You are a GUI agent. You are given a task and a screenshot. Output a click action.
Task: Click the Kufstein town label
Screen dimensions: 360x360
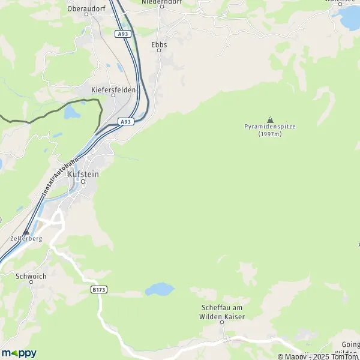83,173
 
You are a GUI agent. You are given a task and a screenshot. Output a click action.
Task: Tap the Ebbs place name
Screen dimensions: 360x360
159,44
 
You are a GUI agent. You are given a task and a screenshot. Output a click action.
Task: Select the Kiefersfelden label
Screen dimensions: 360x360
113,89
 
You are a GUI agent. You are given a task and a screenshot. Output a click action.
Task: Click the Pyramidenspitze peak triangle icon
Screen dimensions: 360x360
270,119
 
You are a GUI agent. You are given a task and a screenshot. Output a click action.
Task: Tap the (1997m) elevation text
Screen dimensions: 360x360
270,134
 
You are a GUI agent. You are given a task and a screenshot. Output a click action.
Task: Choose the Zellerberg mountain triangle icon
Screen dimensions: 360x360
25,231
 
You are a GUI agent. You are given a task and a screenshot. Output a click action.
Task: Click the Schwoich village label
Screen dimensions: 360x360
31,277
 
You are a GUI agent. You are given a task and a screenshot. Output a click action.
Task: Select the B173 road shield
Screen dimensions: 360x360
99,289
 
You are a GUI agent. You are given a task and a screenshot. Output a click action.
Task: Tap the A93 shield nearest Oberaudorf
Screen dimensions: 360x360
123,34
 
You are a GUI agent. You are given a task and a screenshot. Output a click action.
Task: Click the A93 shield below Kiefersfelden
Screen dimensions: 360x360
125,121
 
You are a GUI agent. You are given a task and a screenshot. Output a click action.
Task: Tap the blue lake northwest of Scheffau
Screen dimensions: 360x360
159,290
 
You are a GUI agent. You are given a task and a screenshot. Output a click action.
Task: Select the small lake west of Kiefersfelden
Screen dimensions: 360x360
71,112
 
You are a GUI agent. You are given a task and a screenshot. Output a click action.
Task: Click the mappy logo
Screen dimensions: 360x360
19,353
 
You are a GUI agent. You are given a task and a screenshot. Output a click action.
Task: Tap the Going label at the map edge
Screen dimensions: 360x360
350,344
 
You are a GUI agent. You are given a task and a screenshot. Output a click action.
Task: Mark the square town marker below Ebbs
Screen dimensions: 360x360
159,51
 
